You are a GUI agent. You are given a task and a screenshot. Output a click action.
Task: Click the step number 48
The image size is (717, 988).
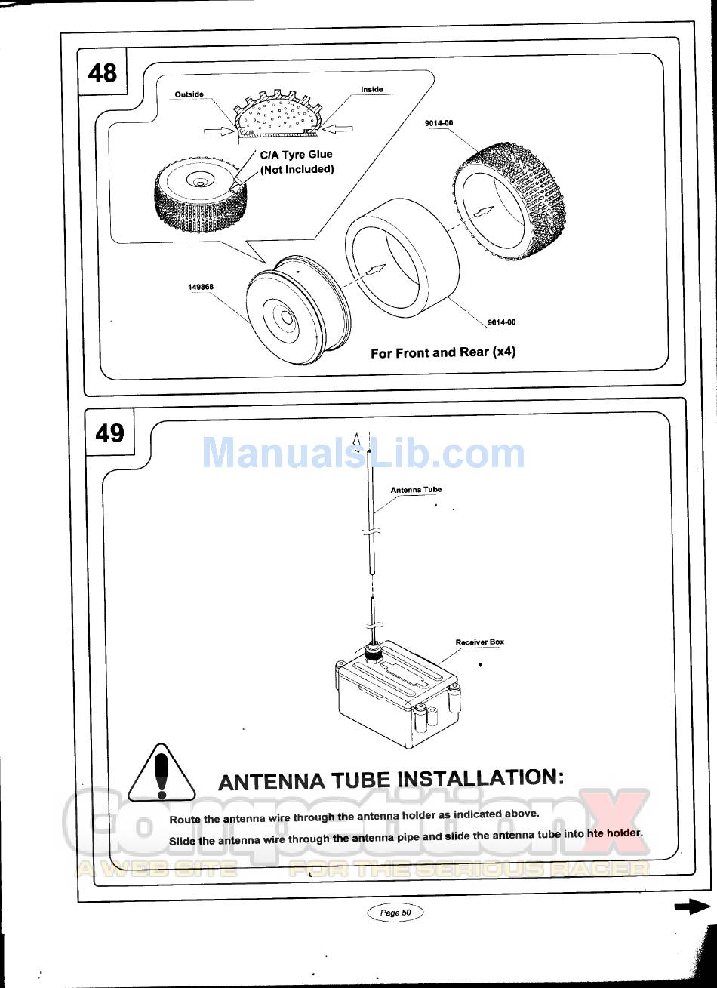pyautogui.click(x=103, y=72)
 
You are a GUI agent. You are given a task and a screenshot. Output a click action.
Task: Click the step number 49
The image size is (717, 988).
pyautogui.click(x=109, y=432)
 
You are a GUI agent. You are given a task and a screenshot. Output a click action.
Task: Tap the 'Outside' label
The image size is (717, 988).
pyautogui.click(x=189, y=94)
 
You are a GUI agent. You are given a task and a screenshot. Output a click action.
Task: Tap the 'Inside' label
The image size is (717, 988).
pyautogui.click(x=372, y=89)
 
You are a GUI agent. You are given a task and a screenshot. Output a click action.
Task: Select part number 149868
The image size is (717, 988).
pyautogui.click(x=201, y=287)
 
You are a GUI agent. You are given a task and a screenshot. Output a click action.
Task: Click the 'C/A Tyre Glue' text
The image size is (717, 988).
pyautogui.click(x=296, y=155)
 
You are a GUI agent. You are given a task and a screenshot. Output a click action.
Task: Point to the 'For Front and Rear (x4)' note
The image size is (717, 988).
pyautogui.click(x=443, y=352)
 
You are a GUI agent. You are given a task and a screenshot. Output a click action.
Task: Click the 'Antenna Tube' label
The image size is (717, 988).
pyautogui.click(x=416, y=490)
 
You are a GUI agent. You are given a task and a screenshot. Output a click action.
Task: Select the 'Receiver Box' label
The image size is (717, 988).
pyautogui.click(x=479, y=642)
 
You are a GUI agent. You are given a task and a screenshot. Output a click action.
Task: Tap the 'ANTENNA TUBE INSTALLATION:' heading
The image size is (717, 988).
pyautogui.click(x=391, y=780)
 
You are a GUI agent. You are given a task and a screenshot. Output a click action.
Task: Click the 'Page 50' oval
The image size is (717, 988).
pyautogui.click(x=395, y=912)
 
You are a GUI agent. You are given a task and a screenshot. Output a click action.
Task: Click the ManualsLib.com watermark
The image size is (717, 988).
pyautogui.click(x=363, y=453)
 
